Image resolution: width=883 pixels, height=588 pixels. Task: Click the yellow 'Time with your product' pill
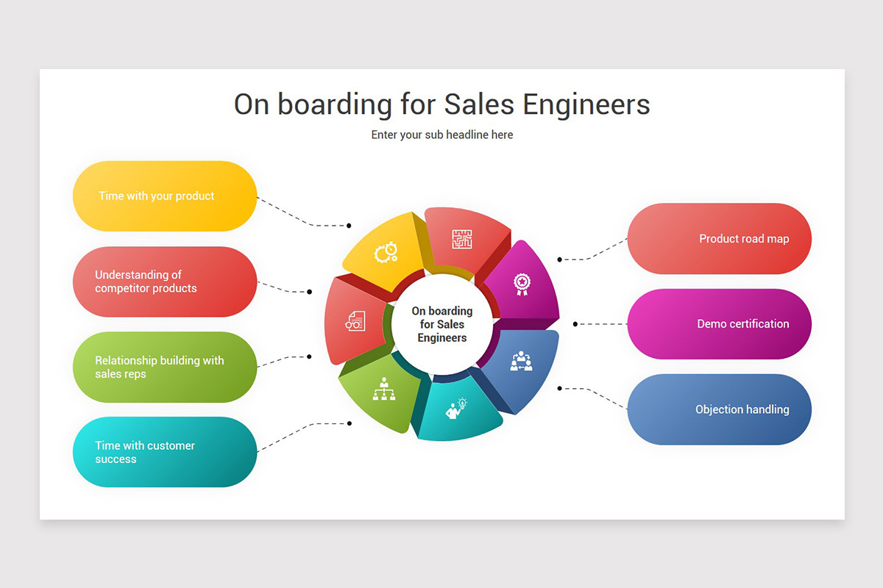point(165,196)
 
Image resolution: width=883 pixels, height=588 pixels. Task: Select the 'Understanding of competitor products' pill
point(165,282)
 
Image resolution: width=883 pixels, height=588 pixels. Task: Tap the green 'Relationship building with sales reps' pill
point(165,367)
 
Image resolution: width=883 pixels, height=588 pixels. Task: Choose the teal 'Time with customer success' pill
point(165,452)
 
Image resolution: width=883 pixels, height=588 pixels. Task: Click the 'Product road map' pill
point(720,239)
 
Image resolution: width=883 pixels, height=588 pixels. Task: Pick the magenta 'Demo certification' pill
point(720,323)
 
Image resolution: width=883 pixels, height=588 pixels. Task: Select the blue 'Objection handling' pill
point(720,409)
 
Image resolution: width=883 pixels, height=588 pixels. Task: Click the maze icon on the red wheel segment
point(462,239)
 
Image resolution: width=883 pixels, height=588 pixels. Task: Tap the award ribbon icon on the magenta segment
point(522,284)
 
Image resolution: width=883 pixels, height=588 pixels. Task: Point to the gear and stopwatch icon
point(386,252)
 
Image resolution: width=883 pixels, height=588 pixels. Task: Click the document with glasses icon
point(355,321)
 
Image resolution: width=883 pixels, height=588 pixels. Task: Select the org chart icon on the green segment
point(384,389)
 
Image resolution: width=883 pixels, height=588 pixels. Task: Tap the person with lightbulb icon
point(456,409)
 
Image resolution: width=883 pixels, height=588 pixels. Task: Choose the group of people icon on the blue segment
point(521,361)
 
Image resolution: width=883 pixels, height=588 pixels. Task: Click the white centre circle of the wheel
point(442,324)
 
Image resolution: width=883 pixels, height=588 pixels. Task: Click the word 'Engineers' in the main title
point(586,105)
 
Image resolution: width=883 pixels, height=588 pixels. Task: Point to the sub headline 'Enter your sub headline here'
point(442,135)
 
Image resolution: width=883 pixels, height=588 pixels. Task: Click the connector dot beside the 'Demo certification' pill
point(575,324)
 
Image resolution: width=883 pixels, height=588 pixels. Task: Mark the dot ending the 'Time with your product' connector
point(349,226)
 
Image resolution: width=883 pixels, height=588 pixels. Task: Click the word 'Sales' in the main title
point(479,104)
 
